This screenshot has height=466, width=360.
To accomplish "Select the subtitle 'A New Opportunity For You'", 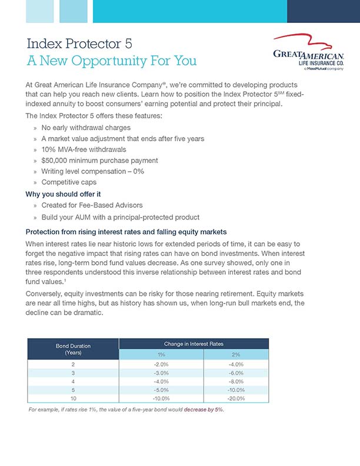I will pyautogui.click(x=112, y=61).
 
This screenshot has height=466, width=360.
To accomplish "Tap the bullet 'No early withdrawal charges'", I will pyautogui.click(x=86, y=128).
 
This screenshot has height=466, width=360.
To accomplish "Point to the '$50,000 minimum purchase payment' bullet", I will pyautogui.click(x=99, y=160).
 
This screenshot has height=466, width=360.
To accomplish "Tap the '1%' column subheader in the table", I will pyautogui.click(x=161, y=355).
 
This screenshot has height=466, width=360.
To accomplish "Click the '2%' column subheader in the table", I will pyautogui.click(x=235, y=355).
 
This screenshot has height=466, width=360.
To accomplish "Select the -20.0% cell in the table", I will pyautogui.click(x=235, y=398).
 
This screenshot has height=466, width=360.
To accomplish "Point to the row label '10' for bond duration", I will pyautogui.click(x=72, y=398).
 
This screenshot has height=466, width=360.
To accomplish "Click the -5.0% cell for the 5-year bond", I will pyautogui.click(x=161, y=390).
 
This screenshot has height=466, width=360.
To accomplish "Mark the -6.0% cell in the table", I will pyautogui.click(x=235, y=373).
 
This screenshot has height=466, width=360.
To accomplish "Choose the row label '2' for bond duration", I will pyautogui.click(x=72, y=364).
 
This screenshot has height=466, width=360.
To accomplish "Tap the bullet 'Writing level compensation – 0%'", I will pyautogui.click(x=93, y=171).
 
